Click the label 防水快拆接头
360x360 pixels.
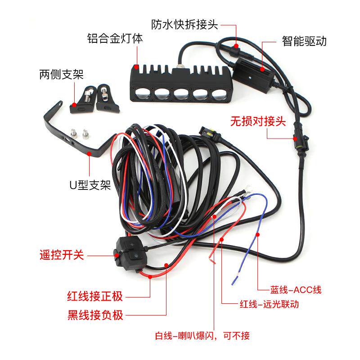click(184, 24)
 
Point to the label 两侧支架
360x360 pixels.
click(62, 74)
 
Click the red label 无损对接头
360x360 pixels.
click(258, 121)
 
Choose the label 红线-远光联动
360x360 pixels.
click(267, 304)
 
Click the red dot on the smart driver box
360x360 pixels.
click(263, 70)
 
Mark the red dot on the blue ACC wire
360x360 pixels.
click(257, 234)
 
